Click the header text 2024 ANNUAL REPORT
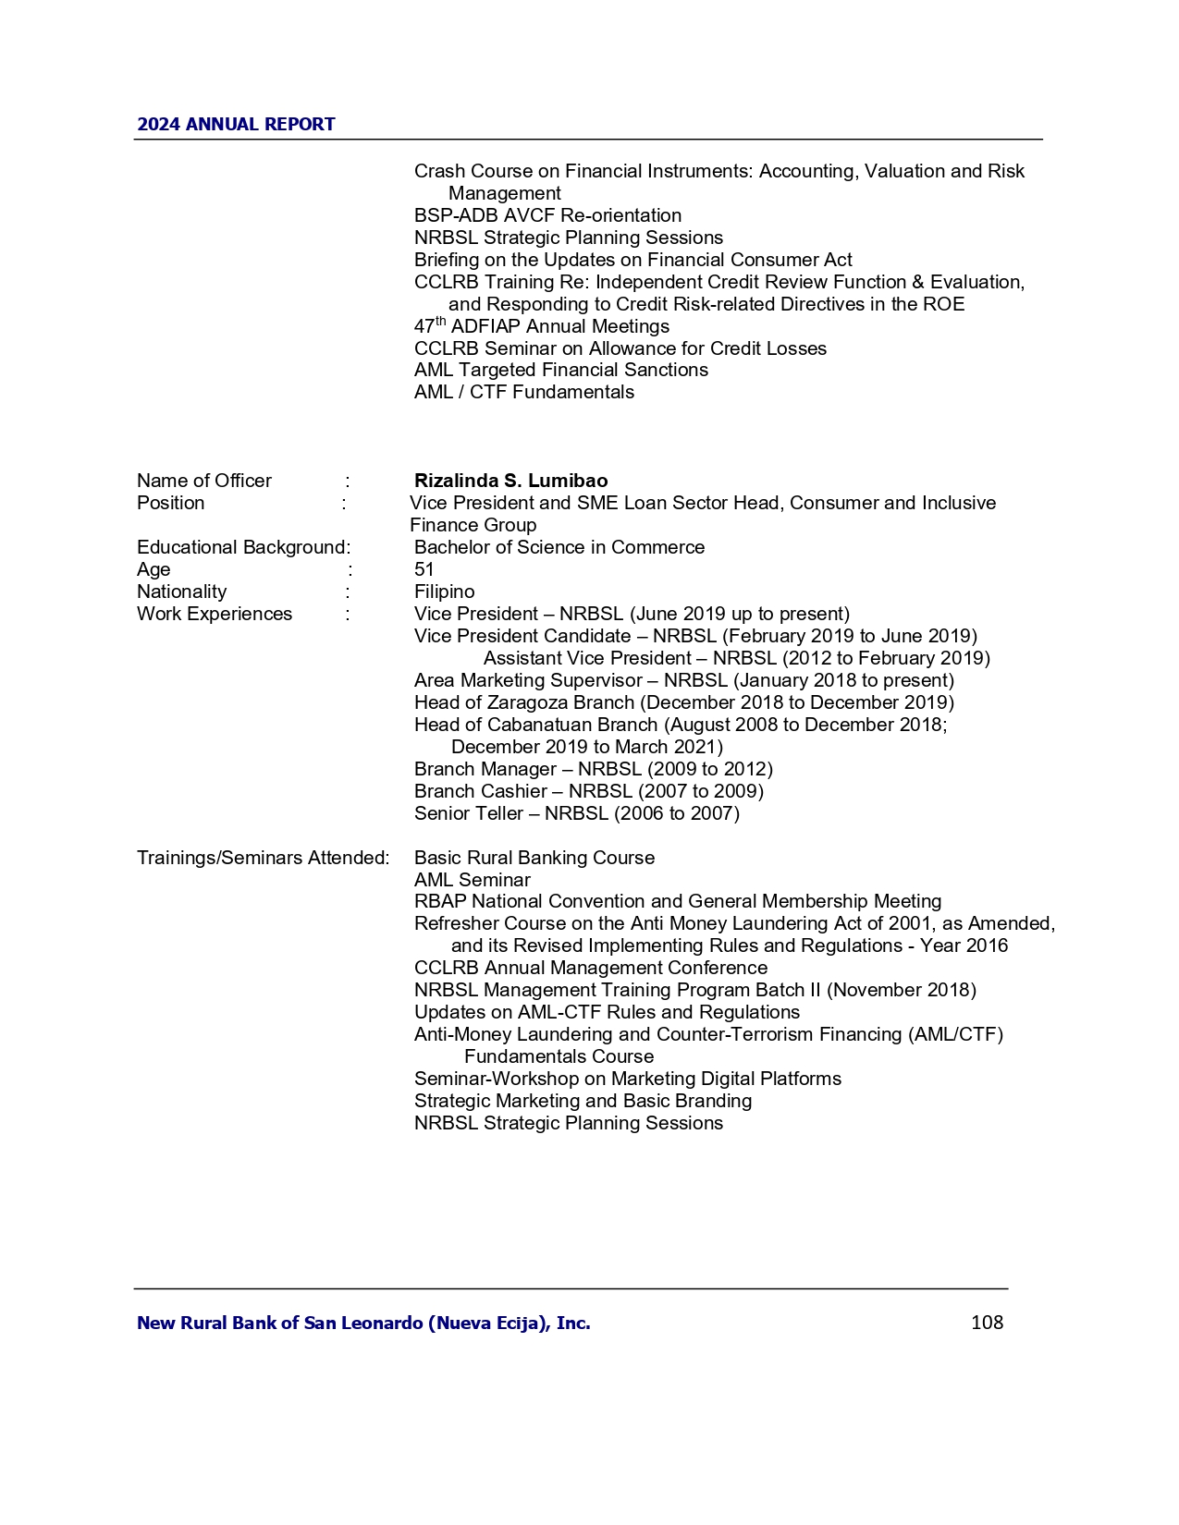(236, 125)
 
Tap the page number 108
(987, 1323)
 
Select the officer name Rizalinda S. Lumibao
(510, 481)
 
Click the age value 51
(424, 569)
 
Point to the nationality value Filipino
(444, 592)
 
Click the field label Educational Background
(242, 547)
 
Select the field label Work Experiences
(215, 614)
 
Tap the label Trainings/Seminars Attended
(263, 858)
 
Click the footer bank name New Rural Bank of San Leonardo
(363, 1323)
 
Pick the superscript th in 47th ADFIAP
(441, 322)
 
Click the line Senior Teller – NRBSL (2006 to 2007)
(576, 813)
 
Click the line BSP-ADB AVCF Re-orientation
(547, 215)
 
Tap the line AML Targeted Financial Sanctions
(560, 370)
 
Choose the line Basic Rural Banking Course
(534, 858)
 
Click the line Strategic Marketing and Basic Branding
(583, 1101)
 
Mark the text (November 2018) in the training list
(902, 990)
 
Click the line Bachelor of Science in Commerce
(559, 547)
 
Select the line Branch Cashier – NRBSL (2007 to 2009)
(588, 791)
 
